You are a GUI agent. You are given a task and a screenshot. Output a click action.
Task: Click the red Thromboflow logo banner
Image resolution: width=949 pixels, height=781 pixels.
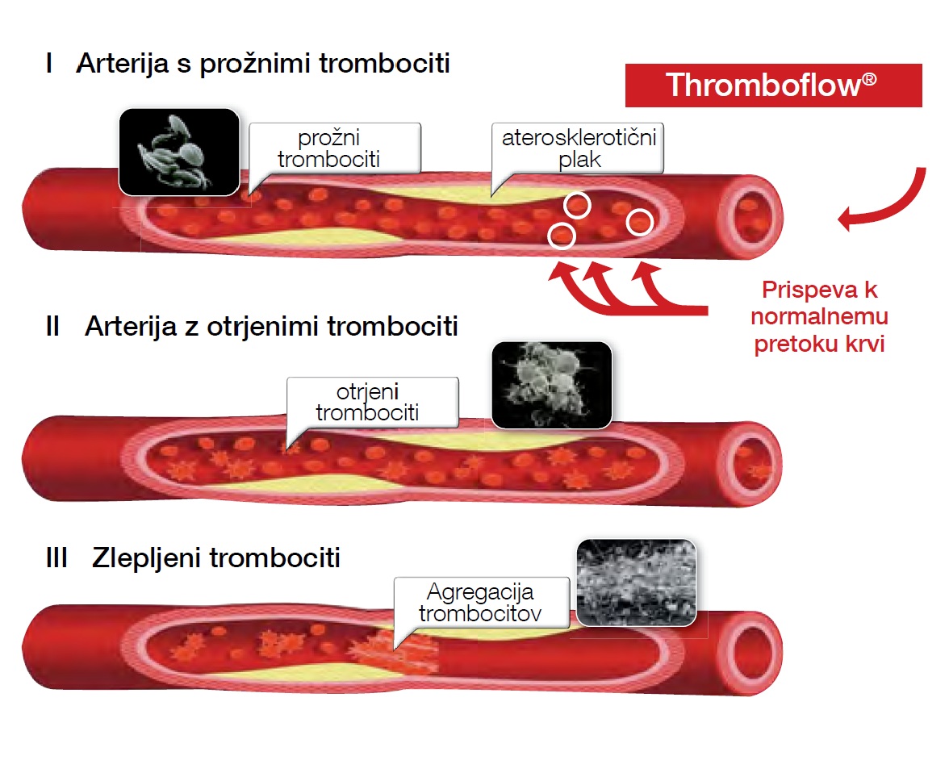pyautogui.click(x=773, y=85)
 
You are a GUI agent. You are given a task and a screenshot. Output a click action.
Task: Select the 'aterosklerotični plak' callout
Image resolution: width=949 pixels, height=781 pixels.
pyautogui.click(x=579, y=148)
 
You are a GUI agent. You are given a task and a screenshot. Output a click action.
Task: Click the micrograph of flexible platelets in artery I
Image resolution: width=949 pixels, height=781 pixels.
pyautogui.click(x=179, y=152)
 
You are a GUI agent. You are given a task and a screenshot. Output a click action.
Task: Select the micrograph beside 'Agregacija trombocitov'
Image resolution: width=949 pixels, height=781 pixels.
pyautogui.click(x=637, y=583)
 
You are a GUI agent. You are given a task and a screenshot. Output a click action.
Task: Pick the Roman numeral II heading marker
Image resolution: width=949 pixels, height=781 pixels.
pyautogui.click(x=54, y=327)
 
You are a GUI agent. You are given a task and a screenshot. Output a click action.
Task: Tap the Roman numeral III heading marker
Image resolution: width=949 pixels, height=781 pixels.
pyautogui.click(x=56, y=558)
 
